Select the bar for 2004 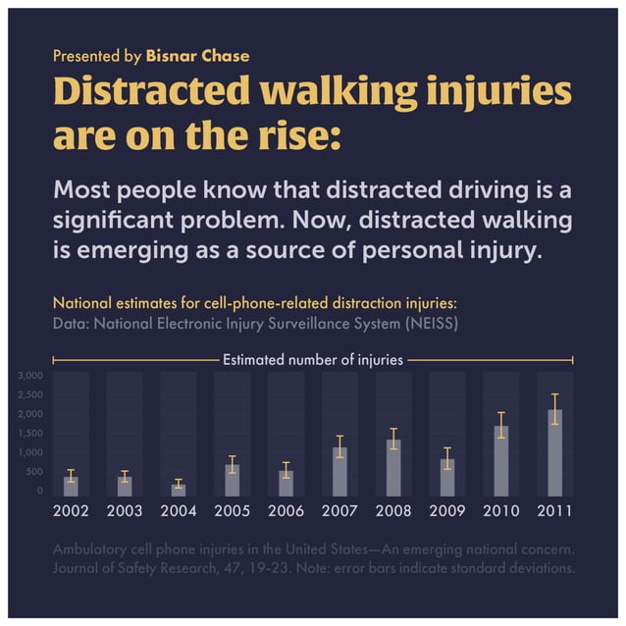tap(179, 489)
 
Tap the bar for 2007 tap(339, 471)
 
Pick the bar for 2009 tap(447, 477)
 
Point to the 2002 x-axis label tap(72, 511)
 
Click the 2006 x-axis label tap(286, 511)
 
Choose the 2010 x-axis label tap(500, 511)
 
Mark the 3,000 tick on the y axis tap(31, 376)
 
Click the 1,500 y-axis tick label tap(31, 433)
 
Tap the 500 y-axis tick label tap(35, 471)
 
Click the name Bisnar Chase tap(197, 56)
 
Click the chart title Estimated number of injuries tap(312, 360)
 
